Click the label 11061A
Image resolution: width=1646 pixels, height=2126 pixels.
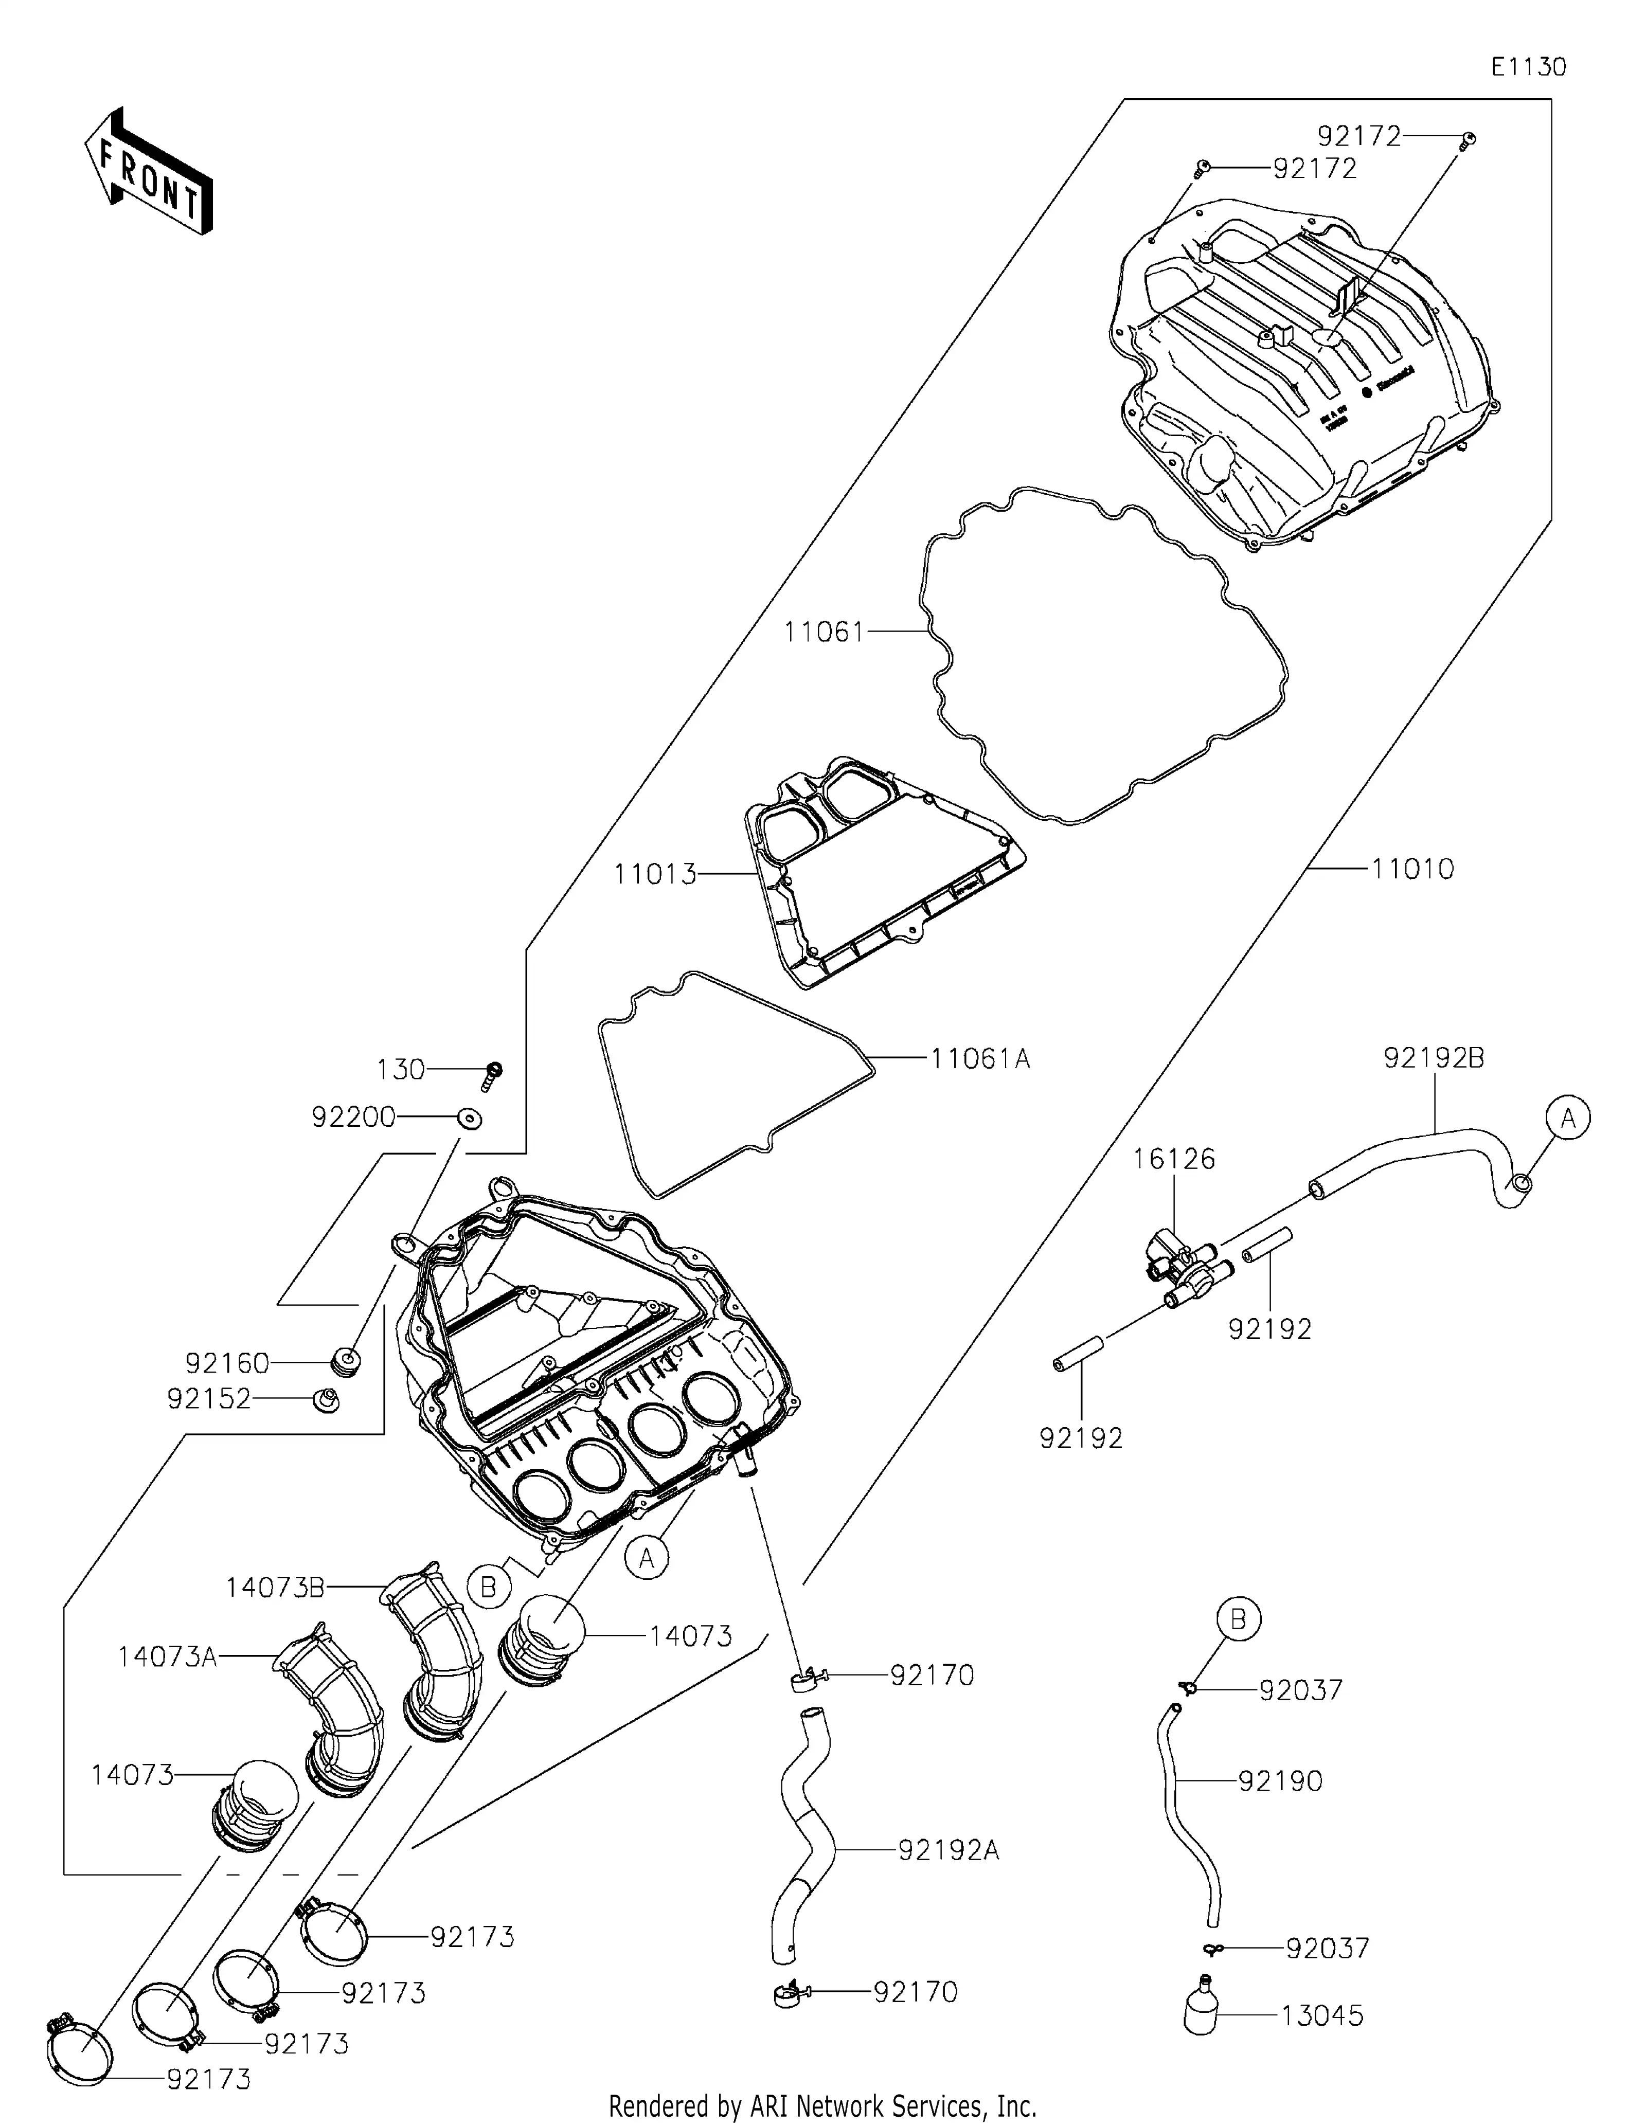point(979,1058)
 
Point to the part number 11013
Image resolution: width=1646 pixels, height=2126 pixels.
point(655,874)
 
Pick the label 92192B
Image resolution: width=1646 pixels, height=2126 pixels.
point(1434,1058)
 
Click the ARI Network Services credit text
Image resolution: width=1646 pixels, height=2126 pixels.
point(822,2105)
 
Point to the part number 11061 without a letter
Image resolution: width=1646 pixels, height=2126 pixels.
point(825,633)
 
